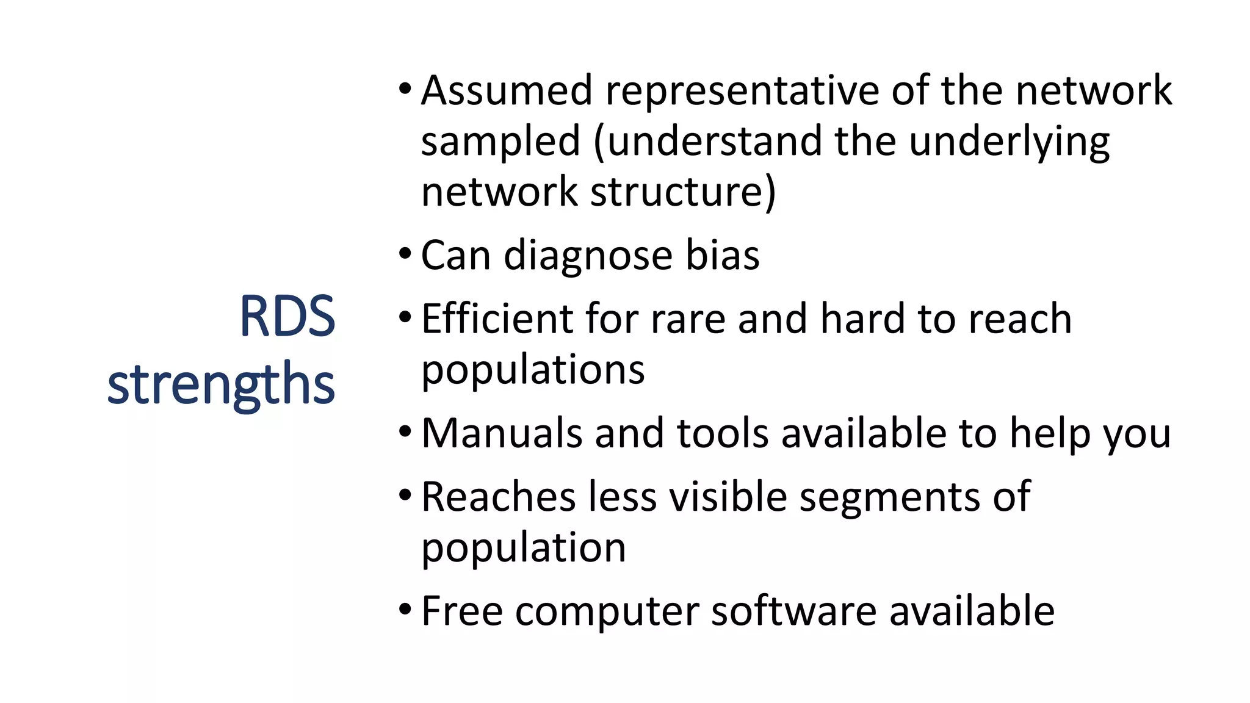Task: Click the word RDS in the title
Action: point(287,317)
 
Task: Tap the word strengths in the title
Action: point(221,384)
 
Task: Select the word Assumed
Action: point(507,91)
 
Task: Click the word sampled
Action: point(500,142)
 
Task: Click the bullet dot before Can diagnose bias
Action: point(405,252)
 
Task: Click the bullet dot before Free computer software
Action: point(405,608)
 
